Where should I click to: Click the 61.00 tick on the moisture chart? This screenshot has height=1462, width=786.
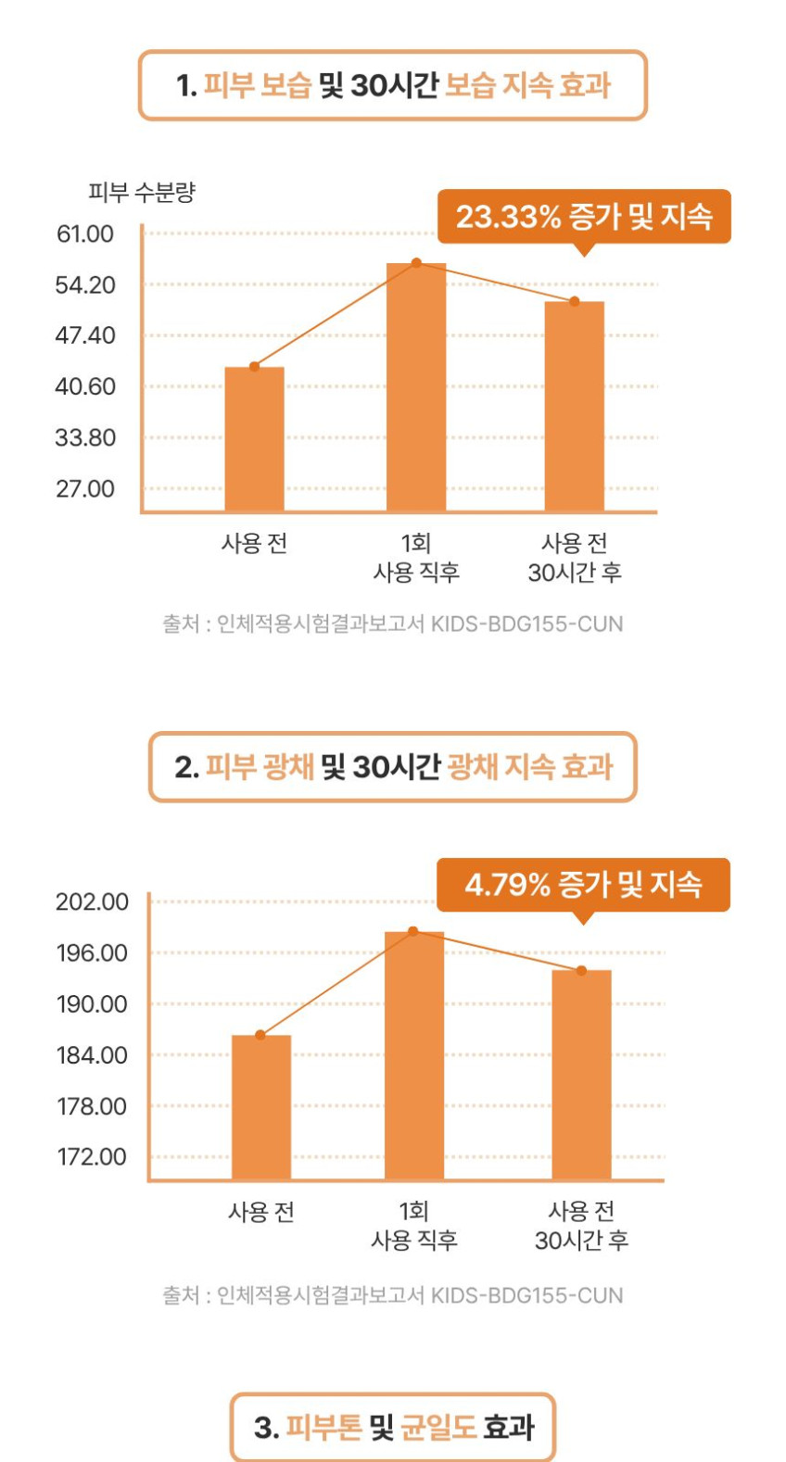85,233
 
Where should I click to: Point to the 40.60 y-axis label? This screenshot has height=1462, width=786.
85,386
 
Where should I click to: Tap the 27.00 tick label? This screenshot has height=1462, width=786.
85,489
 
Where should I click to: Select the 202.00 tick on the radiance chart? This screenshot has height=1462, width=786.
92,902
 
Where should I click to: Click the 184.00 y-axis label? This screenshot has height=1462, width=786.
92,1055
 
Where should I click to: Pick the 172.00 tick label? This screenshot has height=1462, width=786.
92,1157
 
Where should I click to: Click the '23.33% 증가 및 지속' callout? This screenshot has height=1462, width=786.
584,217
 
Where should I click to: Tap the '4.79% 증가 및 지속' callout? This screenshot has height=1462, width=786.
583,885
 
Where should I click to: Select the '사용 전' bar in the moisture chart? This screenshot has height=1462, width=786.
255,438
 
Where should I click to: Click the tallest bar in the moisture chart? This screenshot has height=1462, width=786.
416,387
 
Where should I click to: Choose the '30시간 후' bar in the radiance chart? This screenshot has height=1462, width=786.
582,1075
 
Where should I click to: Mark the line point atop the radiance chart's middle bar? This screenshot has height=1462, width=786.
413,931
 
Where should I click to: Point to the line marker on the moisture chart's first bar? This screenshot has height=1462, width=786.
255,367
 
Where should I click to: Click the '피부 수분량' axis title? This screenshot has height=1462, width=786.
142,192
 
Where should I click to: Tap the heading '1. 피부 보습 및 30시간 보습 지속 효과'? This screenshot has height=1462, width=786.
393,85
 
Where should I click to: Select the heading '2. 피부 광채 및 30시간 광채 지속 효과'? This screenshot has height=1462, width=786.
393,767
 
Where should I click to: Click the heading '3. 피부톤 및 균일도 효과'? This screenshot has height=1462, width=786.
393,1427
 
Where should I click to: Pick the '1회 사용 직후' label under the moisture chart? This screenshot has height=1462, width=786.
416,558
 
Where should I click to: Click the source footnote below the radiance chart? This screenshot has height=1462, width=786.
393,1295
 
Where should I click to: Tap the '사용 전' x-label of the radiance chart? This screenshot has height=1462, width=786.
261,1212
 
